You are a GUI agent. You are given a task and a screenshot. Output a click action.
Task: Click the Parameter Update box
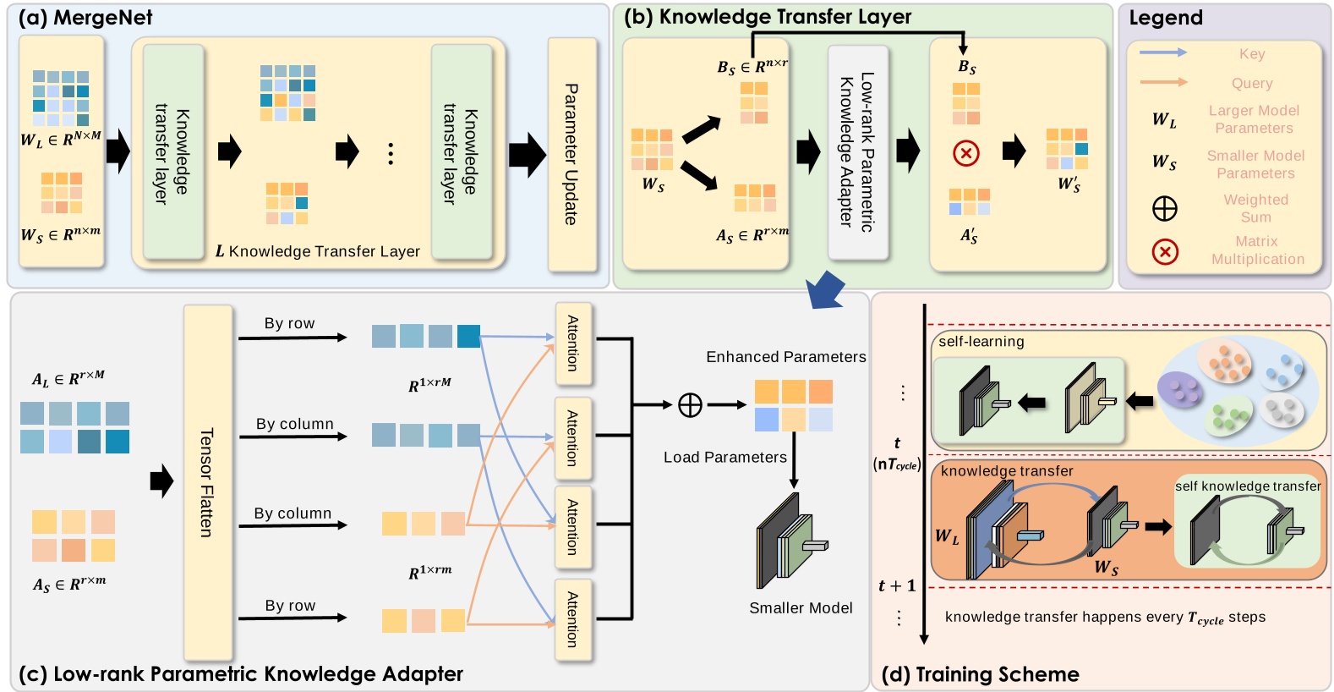tap(572, 154)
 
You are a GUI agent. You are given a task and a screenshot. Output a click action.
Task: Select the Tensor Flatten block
tap(207, 482)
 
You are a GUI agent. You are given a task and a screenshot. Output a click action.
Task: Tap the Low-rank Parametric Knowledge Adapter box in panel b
tap(857, 152)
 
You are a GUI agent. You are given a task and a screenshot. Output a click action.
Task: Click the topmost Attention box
tap(572, 343)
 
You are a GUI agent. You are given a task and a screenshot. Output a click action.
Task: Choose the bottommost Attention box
tap(572, 619)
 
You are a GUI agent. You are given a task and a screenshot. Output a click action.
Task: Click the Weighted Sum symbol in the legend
tap(1164, 208)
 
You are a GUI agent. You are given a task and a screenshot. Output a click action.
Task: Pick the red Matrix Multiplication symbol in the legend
tap(1164, 251)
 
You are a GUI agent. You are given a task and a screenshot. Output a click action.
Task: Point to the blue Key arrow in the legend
tap(1162, 53)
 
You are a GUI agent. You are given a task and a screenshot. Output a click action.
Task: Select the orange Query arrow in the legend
tap(1162, 82)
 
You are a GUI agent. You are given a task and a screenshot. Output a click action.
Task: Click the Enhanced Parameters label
tap(785, 357)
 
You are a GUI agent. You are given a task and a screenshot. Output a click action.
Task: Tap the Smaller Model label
tap(801, 607)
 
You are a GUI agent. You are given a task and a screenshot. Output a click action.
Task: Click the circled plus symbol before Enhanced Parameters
tap(690, 405)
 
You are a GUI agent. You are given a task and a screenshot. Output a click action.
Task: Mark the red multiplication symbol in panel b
tap(966, 153)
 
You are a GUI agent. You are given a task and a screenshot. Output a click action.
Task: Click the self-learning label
tap(981, 342)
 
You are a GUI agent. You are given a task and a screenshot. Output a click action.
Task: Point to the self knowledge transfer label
tap(1247, 486)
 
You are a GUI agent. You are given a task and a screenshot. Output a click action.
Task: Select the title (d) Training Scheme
tap(980, 674)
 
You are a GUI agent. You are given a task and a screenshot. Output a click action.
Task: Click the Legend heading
tap(1165, 18)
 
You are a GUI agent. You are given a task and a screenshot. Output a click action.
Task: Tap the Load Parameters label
tap(724, 458)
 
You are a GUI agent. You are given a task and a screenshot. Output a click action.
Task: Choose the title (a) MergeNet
tap(85, 18)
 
